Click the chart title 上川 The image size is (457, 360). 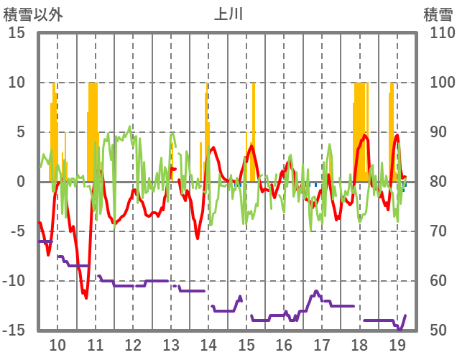228,14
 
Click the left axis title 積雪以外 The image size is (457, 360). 33,14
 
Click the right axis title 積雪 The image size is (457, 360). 438,14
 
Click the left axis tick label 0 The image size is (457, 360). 22,182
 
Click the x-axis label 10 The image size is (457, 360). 57,343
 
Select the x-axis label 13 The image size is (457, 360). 170,343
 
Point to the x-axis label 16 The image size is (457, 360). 284,343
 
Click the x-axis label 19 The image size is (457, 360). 397,343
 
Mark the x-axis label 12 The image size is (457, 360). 133,343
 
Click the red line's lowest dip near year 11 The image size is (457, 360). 86,297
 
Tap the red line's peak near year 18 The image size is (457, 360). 365,135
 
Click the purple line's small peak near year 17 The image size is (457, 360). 316,291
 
